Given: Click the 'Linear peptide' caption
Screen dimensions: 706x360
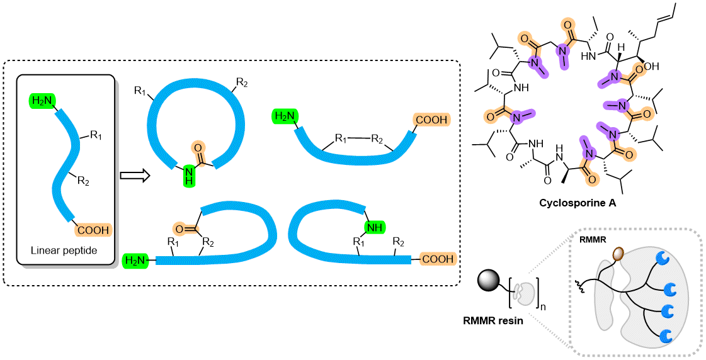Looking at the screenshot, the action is click(x=64, y=250).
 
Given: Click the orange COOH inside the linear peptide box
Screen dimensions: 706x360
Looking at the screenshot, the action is click(x=92, y=230).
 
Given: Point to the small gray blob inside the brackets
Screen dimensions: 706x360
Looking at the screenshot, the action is click(x=521, y=291).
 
